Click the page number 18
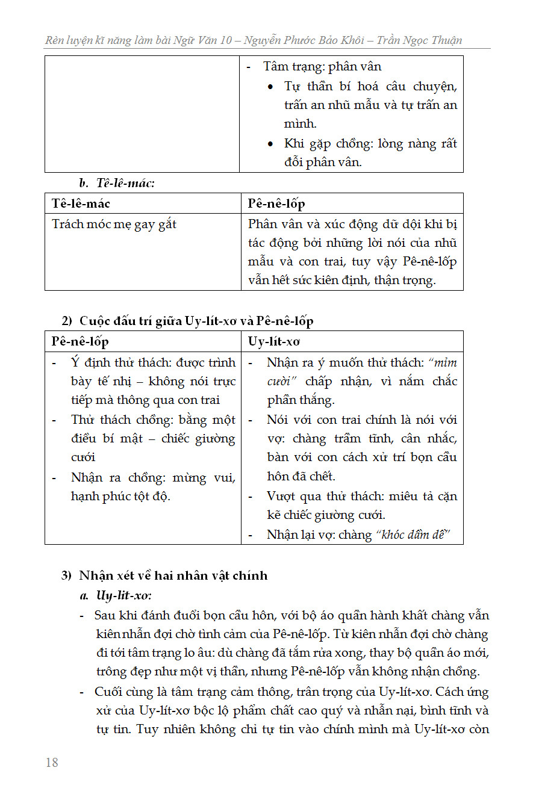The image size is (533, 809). [52, 762]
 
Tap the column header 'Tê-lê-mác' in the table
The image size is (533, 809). [81, 203]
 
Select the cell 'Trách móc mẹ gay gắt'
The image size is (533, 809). [114, 225]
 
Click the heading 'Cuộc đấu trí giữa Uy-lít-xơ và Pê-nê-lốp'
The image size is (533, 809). [196, 321]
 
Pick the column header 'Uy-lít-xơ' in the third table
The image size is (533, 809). [274, 341]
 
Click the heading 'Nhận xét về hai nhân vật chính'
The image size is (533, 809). [173, 575]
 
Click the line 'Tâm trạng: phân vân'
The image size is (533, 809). [322, 66]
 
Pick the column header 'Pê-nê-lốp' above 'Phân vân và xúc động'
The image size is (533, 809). [276, 203]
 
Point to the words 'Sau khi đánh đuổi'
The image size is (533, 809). [143, 615]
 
